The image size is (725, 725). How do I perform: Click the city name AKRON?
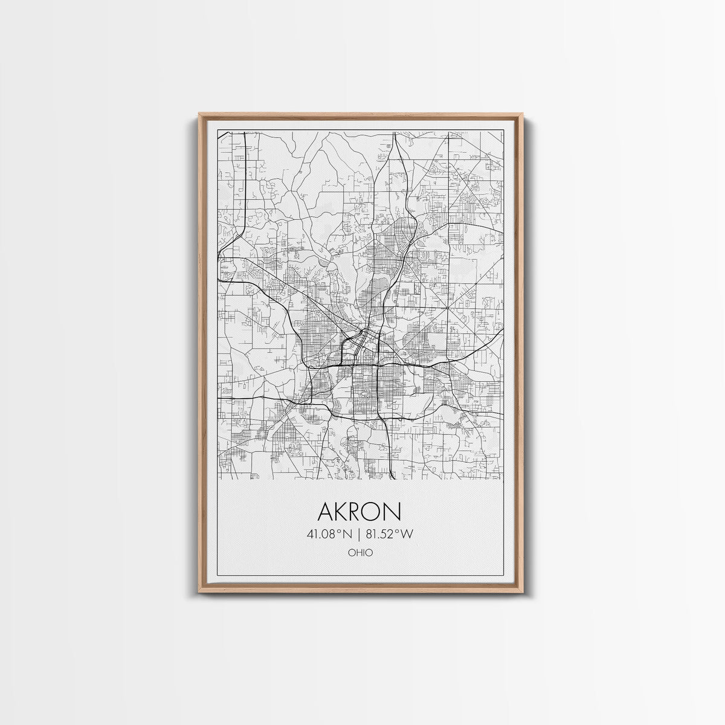click(x=359, y=512)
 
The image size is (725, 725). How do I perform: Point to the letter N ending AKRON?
click(x=393, y=512)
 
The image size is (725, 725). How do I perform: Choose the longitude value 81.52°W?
click(x=390, y=533)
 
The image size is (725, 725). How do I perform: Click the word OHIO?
click(x=360, y=552)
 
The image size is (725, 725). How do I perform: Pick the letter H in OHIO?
click(x=358, y=552)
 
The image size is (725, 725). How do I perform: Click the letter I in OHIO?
click(x=364, y=552)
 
